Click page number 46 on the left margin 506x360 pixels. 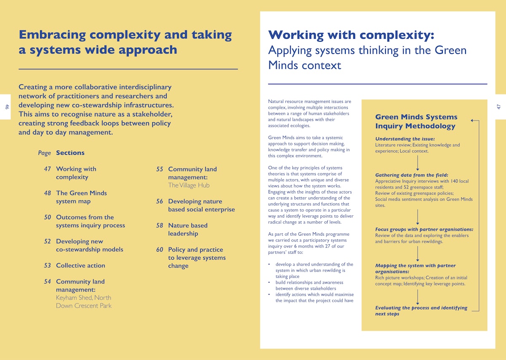pos(7,107)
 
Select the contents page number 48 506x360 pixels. pos(47,193)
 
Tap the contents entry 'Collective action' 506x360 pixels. pos(81,266)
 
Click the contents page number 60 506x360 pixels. pos(159,250)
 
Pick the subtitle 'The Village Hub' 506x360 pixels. pos(188,185)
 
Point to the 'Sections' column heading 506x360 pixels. pos(70,153)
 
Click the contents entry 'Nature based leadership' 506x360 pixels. pos(188,229)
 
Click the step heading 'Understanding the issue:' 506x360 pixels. pos(405,139)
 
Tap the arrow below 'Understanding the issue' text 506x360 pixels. pos(417,163)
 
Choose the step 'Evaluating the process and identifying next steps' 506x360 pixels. pos(421,311)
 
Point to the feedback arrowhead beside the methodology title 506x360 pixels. pos(473,121)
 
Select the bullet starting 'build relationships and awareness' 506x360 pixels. pos(309,285)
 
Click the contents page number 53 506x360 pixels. pos(47,266)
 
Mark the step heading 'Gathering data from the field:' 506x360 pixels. pos(412,175)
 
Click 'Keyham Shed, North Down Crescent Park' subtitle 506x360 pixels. pos(83,302)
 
